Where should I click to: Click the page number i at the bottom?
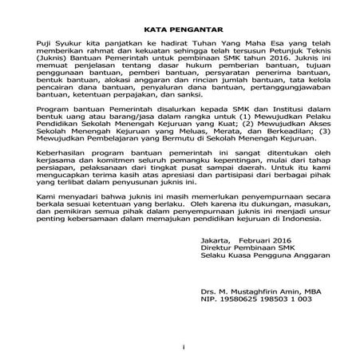[183, 347]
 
